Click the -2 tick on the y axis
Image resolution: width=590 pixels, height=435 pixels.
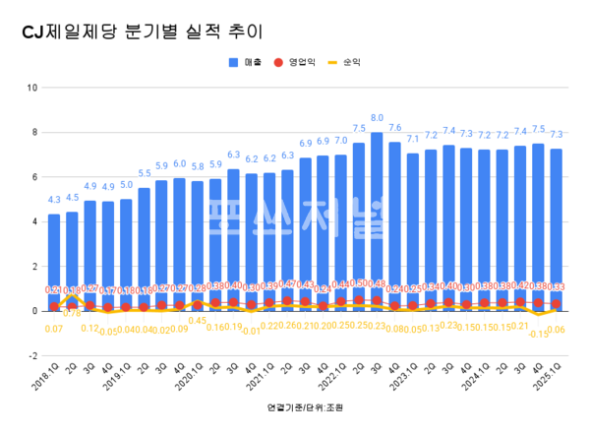click(33, 355)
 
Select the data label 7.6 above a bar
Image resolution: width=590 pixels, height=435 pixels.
click(394, 128)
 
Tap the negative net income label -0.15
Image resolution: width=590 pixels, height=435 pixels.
click(538, 334)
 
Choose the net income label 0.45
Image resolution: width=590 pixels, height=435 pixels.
click(198, 320)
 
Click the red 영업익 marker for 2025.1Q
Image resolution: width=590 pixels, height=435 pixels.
click(558, 304)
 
